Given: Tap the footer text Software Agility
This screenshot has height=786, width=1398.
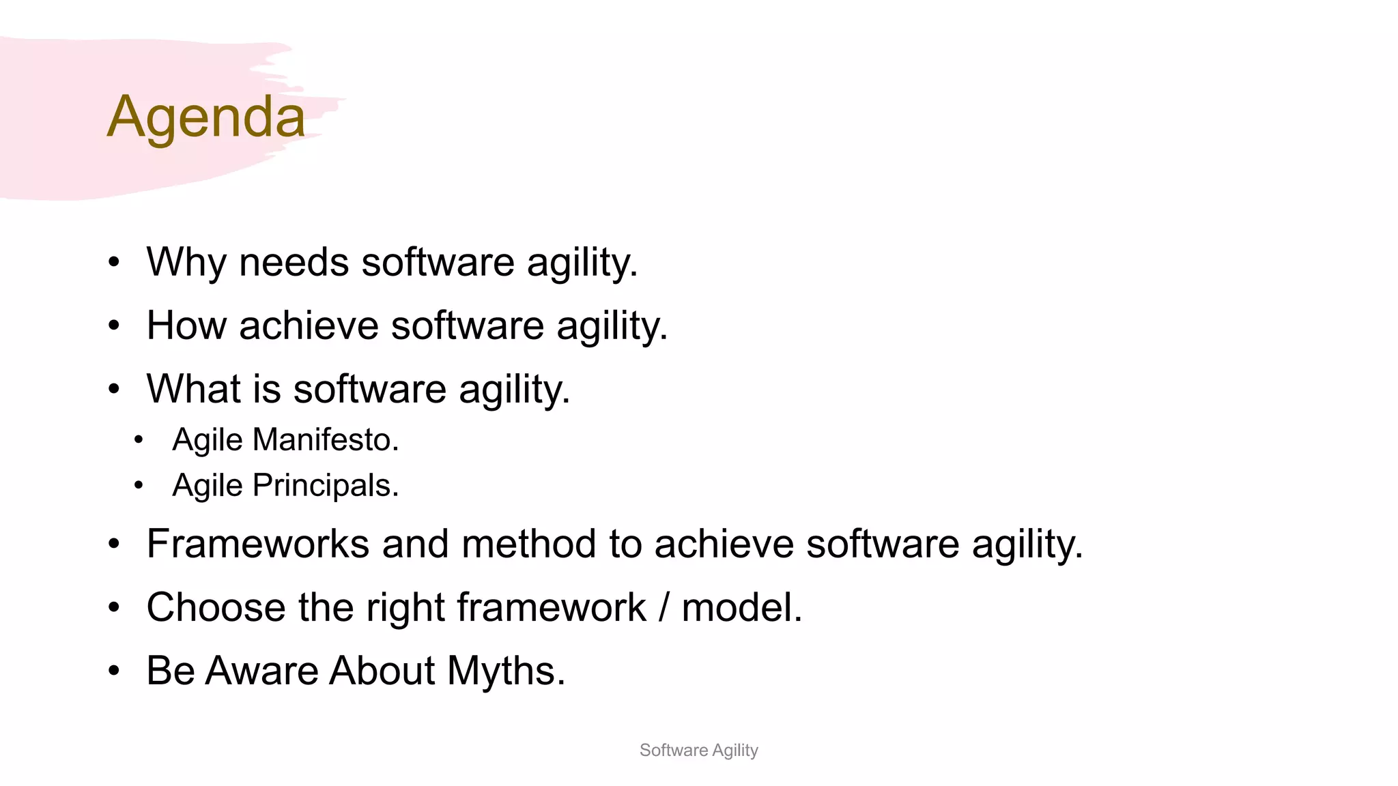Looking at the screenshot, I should pyautogui.click(x=698, y=750).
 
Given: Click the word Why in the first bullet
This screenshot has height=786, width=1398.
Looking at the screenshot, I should pyautogui.click(x=186, y=262).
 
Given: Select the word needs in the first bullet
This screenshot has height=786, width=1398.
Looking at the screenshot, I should pyautogui.click(x=294, y=262).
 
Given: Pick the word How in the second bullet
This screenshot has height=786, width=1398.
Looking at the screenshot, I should pyautogui.click(x=186, y=325).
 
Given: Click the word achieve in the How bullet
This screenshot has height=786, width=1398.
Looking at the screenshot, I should pyautogui.click(x=309, y=325).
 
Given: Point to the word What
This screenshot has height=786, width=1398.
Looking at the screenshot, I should pyautogui.click(x=194, y=389).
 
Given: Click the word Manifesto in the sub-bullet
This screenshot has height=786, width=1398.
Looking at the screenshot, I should pyautogui.click(x=326, y=439).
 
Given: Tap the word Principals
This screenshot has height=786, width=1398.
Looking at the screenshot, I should pyautogui.click(x=326, y=486).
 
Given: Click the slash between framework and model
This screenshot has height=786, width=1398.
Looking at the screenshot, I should pyautogui.click(x=664, y=607).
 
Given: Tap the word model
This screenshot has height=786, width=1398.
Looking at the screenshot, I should pyautogui.click(x=741, y=607).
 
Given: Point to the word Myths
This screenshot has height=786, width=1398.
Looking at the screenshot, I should pyautogui.click(x=506, y=671).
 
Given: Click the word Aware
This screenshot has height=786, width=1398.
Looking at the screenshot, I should pyautogui.click(x=261, y=671).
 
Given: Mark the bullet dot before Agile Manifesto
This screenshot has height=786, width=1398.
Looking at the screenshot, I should pyautogui.click(x=139, y=440).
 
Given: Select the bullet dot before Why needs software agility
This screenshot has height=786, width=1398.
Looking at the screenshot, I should pyautogui.click(x=114, y=263).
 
